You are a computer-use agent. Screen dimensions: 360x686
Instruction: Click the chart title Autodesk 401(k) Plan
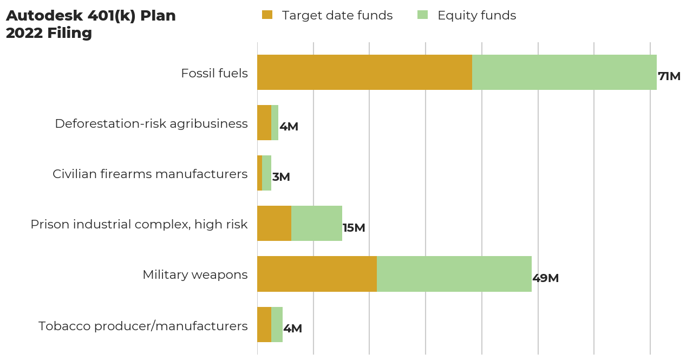pyautogui.click(x=91, y=16)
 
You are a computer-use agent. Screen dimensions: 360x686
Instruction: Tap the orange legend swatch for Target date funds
pyautogui.click(x=267, y=15)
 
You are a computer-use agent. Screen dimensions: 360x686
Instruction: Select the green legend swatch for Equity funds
pyautogui.click(x=422, y=15)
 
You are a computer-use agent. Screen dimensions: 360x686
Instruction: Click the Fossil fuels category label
pyautogui.click(x=214, y=73)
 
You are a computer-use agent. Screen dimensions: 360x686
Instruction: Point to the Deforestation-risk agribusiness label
pyautogui.click(x=151, y=123)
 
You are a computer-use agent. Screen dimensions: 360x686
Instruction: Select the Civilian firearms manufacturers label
pyautogui.click(x=150, y=174)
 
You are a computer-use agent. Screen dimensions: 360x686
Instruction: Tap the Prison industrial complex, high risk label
pyautogui.click(x=139, y=224)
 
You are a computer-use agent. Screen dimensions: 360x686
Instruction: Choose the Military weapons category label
pyautogui.click(x=195, y=274)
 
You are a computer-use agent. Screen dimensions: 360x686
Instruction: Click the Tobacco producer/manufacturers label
pyautogui.click(x=143, y=326)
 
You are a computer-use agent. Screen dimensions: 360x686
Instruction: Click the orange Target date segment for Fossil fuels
pyautogui.click(x=364, y=72)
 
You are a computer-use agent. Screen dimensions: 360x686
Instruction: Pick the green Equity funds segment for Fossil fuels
pyautogui.click(x=564, y=72)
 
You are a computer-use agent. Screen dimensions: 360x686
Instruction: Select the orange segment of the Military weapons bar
pyautogui.click(x=317, y=274)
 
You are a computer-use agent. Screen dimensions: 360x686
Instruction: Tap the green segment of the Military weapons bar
pyautogui.click(x=454, y=274)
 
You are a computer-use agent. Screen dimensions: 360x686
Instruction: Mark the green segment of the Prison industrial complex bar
pyautogui.click(x=317, y=223)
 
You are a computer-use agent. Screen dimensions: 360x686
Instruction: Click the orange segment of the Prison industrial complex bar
pyautogui.click(x=274, y=223)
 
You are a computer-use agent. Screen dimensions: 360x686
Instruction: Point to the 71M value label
pyautogui.click(x=669, y=76)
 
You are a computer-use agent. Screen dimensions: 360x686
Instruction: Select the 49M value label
pyautogui.click(x=545, y=278)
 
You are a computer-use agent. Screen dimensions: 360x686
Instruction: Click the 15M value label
pyautogui.click(x=354, y=228)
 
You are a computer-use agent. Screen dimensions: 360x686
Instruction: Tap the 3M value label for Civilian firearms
pyautogui.click(x=281, y=177)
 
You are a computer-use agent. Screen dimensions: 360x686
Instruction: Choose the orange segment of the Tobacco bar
pyautogui.click(x=264, y=324)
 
